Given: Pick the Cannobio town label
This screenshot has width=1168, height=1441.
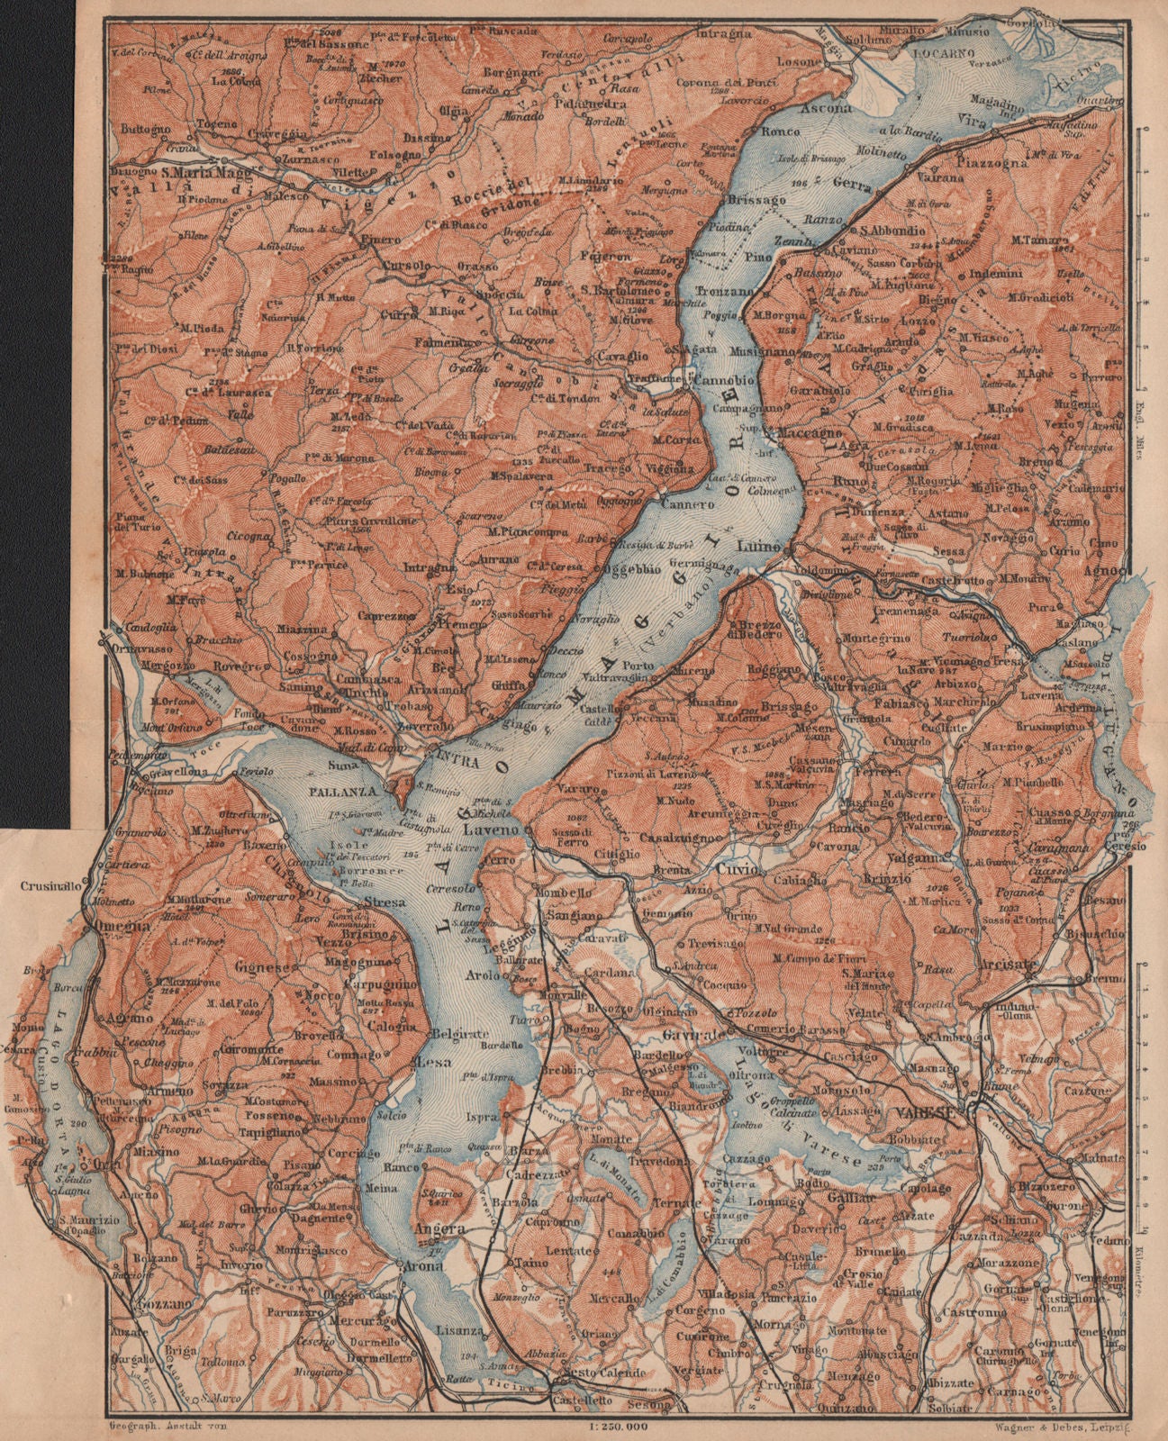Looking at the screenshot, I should point(718,379).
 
